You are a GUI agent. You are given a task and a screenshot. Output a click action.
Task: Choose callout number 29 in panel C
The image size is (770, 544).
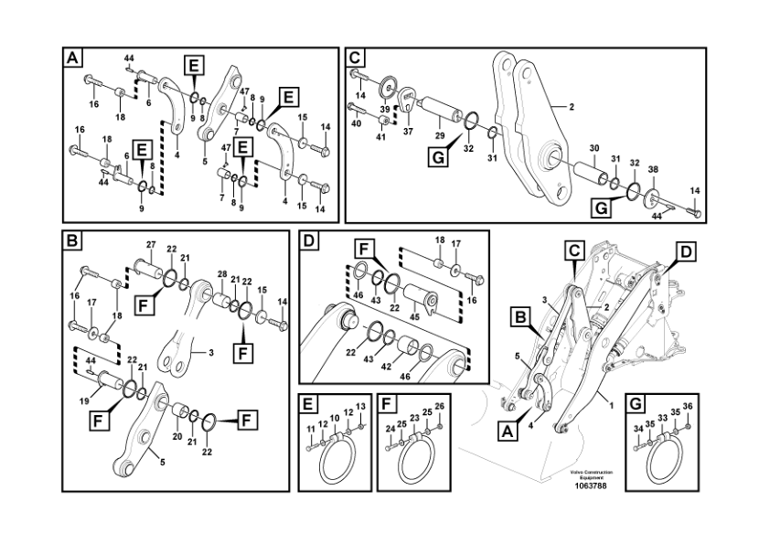(439, 135)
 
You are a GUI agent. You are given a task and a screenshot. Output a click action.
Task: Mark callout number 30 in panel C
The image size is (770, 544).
(594, 147)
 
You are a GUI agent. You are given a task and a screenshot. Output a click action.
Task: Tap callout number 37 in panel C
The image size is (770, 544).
(408, 132)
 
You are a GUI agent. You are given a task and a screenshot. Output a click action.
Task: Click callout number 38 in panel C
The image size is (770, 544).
(652, 170)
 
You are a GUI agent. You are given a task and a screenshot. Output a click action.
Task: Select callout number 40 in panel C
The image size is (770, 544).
(356, 122)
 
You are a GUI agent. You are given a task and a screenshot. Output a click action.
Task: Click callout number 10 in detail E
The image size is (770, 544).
(335, 418)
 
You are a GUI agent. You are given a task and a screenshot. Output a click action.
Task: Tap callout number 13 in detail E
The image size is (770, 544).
(359, 405)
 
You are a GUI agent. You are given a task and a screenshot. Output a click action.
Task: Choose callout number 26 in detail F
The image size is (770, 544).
(440, 405)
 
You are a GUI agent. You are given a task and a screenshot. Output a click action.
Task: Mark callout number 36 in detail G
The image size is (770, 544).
(688, 405)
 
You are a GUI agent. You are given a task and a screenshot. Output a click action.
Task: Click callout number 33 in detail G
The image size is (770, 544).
(662, 418)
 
